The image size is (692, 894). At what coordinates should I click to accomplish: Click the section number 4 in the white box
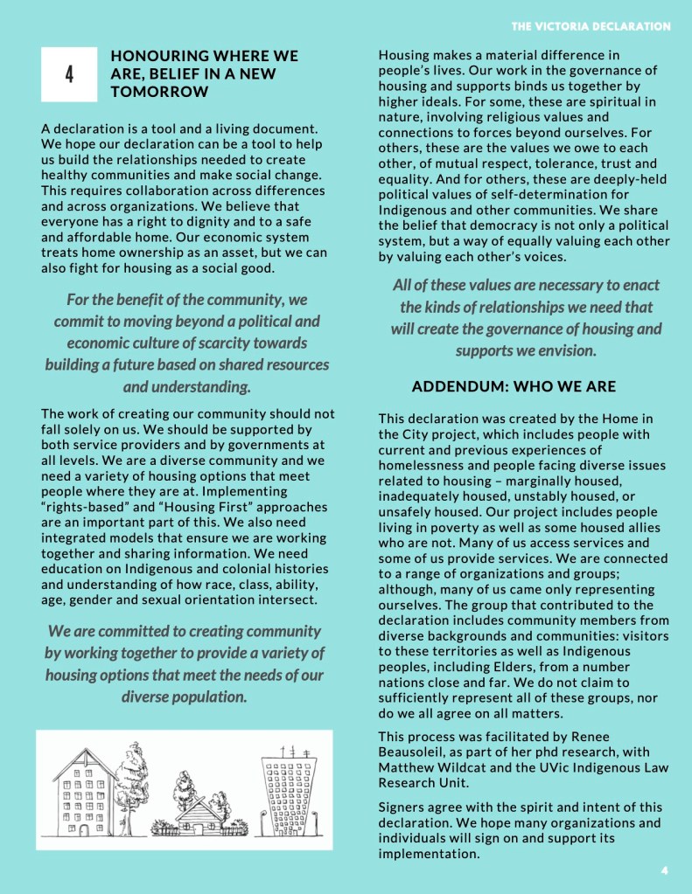click(x=69, y=74)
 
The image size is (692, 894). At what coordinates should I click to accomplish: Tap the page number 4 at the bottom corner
click(x=665, y=870)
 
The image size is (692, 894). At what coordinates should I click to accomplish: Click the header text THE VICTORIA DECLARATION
click(x=591, y=27)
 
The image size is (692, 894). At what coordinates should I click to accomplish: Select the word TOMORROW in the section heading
click(x=160, y=92)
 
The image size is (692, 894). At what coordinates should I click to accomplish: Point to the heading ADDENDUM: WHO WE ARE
click(x=514, y=386)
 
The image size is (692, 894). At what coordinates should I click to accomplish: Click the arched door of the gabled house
click(x=85, y=827)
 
